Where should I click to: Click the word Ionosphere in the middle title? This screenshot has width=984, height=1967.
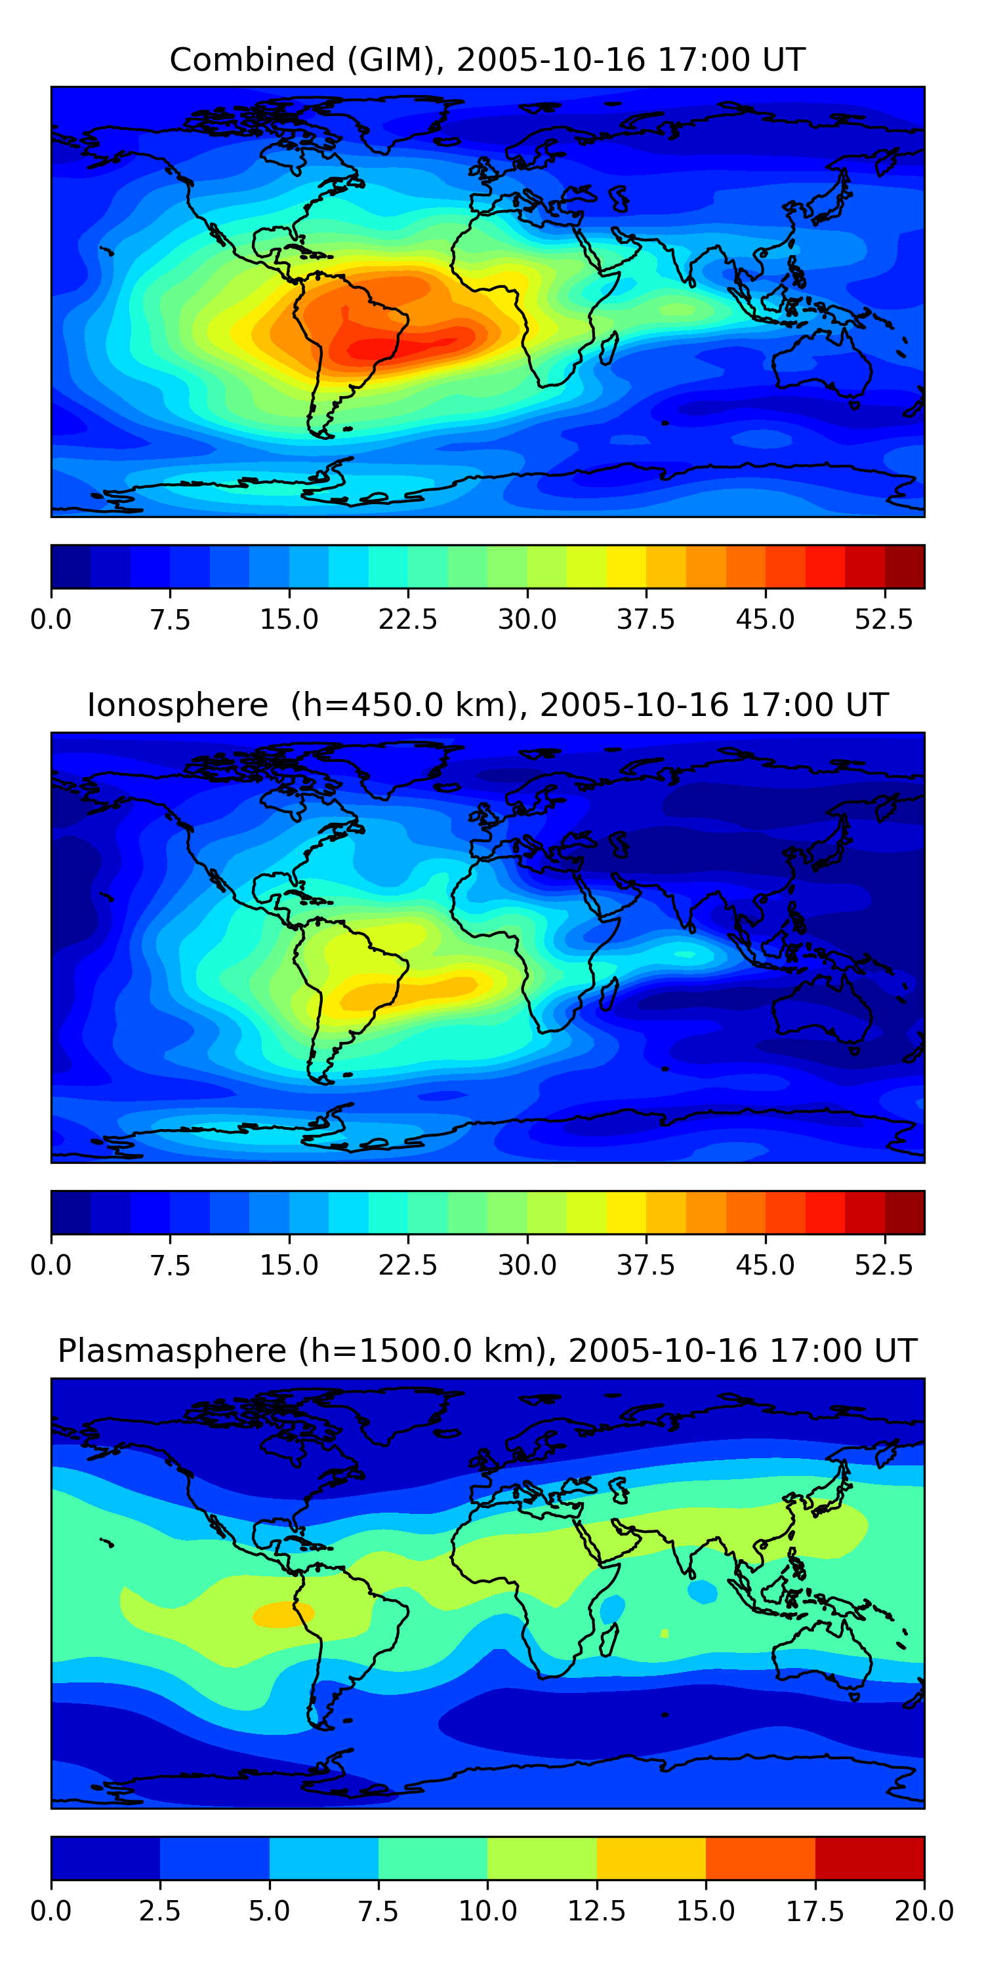pos(177,705)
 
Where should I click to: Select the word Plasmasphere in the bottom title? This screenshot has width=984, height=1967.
pos(172,1350)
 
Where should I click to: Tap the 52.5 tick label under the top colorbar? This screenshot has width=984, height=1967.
pos(884,619)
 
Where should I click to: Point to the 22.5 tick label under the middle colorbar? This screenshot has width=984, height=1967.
pos(408,1265)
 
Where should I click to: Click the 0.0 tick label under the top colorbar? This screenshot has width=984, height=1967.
pos(51,619)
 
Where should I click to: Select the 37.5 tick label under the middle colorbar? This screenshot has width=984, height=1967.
pos(646,1265)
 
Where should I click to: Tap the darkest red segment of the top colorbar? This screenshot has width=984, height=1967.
pos(905,566)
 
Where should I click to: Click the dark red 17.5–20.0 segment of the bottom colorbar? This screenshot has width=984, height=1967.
pos(869,1857)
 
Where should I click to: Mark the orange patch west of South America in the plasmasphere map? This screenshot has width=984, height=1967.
pos(283,1614)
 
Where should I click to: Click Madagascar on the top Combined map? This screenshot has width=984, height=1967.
pos(609,348)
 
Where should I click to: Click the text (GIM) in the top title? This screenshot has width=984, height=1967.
pos(396,60)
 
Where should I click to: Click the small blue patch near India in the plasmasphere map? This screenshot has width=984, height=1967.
pos(702,1591)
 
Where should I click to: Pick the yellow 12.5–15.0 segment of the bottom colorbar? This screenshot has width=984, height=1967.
pos(651,1857)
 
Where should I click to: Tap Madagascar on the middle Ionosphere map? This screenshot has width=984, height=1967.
pos(609,993)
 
